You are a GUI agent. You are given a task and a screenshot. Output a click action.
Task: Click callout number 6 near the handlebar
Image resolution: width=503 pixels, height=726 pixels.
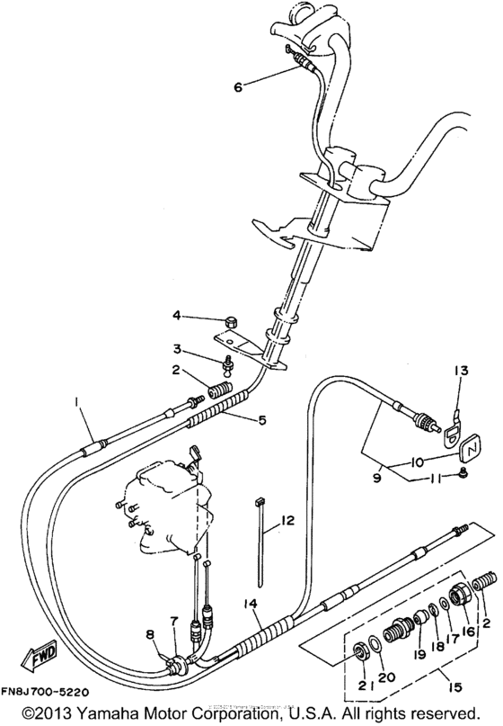(238, 87)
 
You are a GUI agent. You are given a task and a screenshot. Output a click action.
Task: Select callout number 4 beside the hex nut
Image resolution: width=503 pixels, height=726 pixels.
(178, 316)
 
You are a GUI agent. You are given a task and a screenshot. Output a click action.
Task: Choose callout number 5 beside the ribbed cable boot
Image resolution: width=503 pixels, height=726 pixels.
(261, 420)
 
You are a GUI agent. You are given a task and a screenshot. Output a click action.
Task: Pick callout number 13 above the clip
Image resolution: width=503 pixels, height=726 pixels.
(461, 370)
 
